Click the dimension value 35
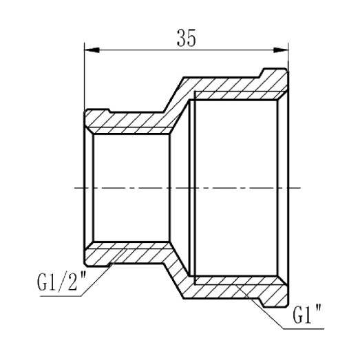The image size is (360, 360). point(185,39)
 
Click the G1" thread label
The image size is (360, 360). point(308,319)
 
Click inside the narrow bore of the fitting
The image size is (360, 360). point(131,187)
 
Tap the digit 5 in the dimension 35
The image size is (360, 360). point(191,39)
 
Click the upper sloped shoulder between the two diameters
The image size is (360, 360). point(172,100)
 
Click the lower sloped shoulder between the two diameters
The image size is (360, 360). point(172,275)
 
